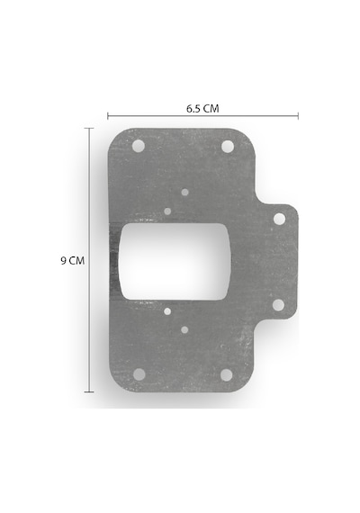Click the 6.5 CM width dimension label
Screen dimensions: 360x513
[202, 109]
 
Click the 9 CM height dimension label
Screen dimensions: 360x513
[72, 261]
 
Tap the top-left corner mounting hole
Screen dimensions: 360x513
[139, 146]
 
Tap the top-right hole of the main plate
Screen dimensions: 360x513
[228, 146]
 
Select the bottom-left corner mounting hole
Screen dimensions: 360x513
[139, 374]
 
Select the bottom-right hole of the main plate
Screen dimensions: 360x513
[227, 375]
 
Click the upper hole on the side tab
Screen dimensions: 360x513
[279, 219]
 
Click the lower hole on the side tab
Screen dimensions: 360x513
[278, 305]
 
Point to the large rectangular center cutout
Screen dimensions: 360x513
[175, 261]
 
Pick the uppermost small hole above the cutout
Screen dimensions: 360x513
[184, 192]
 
